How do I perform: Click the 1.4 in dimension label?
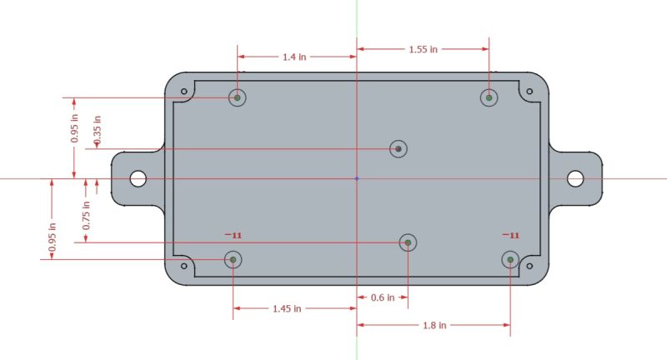click(294, 57)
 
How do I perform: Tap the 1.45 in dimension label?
click(288, 308)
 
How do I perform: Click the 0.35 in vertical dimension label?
click(98, 131)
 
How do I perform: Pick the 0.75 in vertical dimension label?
click(86, 216)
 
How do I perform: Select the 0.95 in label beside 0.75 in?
click(53, 237)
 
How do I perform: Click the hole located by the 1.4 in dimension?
click(238, 97)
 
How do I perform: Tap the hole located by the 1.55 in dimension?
click(489, 97)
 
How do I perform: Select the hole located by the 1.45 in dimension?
click(233, 259)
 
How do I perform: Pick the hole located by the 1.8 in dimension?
click(509, 260)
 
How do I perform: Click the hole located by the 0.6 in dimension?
click(408, 242)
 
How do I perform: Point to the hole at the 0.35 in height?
click(399, 149)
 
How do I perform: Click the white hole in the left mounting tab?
click(138, 178)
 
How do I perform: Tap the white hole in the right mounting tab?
click(575, 178)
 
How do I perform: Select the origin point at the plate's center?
click(357, 178)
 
